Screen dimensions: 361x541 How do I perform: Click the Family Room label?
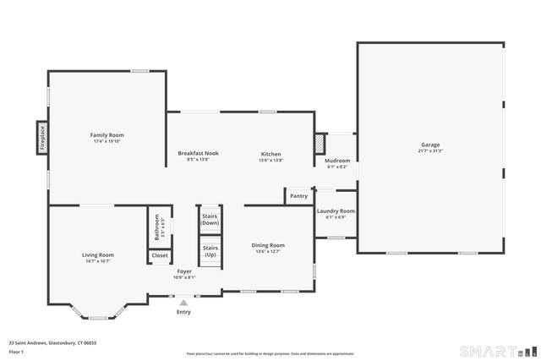pyautogui.click(x=107, y=135)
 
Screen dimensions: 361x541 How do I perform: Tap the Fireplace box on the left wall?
pyautogui.click(x=41, y=138)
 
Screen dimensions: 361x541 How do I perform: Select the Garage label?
pyautogui.click(x=430, y=145)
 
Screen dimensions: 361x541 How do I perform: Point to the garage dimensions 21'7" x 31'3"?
pyautogui.click(x=430, y=151)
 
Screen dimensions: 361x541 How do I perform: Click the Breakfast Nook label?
pyautogui.click(x=198, y=153)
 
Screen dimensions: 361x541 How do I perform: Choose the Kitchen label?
pyautogui.click(x=270, y=153)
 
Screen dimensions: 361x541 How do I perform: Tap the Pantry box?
pyautogui.click(x=298, y=196)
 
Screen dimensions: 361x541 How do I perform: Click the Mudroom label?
pyautogui.click(x=336, y=161)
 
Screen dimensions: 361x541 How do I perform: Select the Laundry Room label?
pyautogui.click(x=336, y=211)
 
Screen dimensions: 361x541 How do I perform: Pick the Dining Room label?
pyautogui.click(x=268, y=245)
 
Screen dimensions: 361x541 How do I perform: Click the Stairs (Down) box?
pyautogui.click(x=210, y=219)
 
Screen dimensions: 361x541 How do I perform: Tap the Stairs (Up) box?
pyautogui.click(x=210, y=251)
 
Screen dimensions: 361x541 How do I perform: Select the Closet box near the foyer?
pyautogui.click(x=160, y=255)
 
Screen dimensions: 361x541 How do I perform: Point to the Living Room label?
pyautogui.click(x=98, y=254)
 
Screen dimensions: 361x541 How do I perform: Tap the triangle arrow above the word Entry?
pyautogui.click(x=183, y=302)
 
